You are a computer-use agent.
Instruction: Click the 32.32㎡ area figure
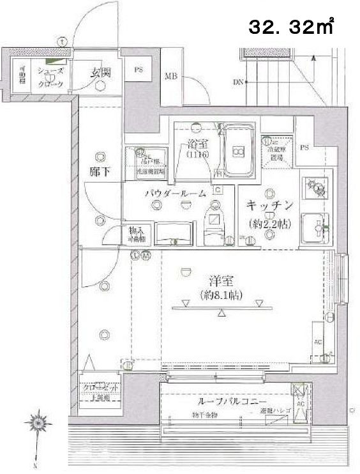(290, 28)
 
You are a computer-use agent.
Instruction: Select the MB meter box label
(171, 77)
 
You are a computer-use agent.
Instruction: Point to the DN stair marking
(238, 81)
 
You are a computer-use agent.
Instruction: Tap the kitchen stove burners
(316, 187)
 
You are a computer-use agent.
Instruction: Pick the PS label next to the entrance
(139, 70)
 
